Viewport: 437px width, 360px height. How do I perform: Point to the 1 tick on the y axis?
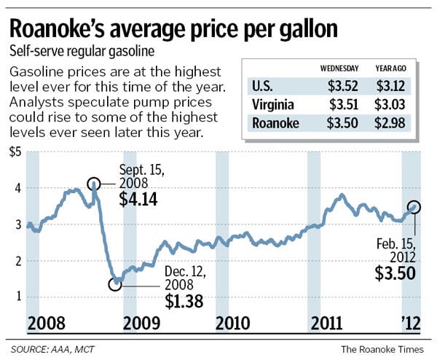click(17, 296)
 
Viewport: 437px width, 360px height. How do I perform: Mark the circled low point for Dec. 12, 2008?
click(114, 284)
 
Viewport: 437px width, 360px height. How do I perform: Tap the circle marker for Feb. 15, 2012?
click(414, 206)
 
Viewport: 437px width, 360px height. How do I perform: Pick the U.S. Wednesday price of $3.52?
click(345, 87)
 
